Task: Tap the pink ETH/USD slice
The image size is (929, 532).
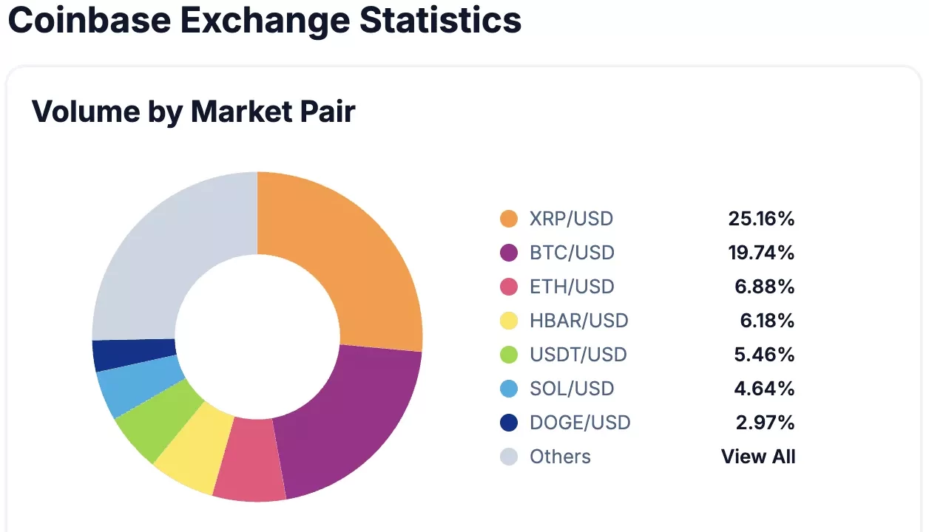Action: click(250, 460)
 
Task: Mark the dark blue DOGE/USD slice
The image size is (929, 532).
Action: click(132, 354)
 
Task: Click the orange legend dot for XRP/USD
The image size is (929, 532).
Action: click(509, 219)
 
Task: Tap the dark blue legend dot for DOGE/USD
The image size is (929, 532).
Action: click(509, 423)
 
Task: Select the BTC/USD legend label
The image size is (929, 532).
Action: click(572, 253)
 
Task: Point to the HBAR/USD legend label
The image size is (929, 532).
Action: click(578, 321)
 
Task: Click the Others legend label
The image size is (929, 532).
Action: click(560, 457)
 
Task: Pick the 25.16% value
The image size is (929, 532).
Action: click(761, 219)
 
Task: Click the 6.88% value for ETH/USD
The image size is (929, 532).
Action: click(765, 287)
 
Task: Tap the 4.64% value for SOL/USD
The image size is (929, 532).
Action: click(765, 389)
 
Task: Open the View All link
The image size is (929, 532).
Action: click(758, 457)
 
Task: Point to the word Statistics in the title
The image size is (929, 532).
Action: click(441, 20)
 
